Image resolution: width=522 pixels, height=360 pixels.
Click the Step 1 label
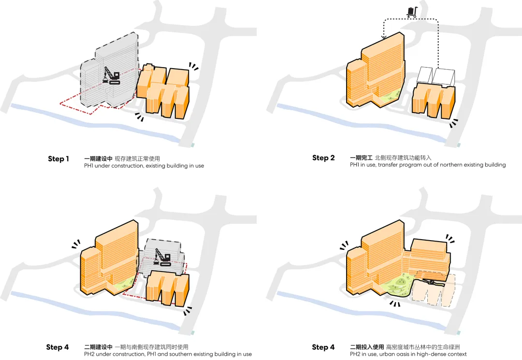point(58,159)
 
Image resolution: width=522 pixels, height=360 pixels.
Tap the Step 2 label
point(323,158)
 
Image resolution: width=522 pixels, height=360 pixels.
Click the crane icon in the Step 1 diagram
point(112,77)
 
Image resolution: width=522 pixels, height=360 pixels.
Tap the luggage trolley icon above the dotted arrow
point(411,12)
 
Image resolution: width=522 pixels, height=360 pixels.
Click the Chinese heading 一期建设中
point(98,158)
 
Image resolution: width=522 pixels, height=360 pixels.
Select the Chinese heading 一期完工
point(360,158)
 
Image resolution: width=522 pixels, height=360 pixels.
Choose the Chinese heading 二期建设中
point(98,347)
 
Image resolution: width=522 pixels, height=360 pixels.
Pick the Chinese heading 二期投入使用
point(367,347)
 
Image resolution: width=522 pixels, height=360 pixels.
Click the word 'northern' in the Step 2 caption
point(454,165)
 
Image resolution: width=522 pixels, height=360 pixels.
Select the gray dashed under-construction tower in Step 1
point(104,72)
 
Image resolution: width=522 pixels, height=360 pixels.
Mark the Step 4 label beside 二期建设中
point(58,347)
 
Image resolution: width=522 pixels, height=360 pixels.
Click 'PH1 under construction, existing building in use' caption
point(144,166)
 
